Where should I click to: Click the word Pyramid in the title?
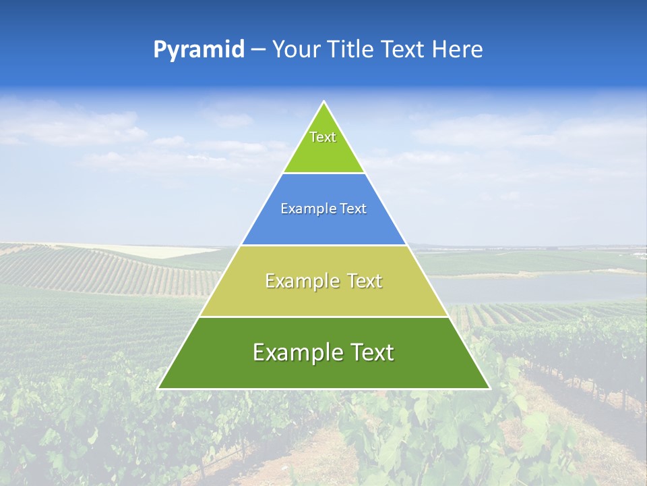[x=198, y=50]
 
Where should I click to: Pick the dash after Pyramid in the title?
[x=258, y=50]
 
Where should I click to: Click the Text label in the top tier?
[x=323, y=137]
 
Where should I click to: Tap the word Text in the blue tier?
[x=352, y=209]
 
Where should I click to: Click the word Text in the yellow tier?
[x=365, y=281]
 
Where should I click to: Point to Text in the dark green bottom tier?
[x=371, y=352]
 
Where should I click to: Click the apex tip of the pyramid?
[x=323, y=102]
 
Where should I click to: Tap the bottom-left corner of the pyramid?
[x=159, y=388]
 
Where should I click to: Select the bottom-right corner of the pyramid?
[x=489, y=388]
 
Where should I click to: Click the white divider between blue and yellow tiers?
[x=323, y=245]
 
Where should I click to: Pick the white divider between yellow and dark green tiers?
[x=323, y=317]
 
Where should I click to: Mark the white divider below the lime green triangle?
[x=323, y=173]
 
